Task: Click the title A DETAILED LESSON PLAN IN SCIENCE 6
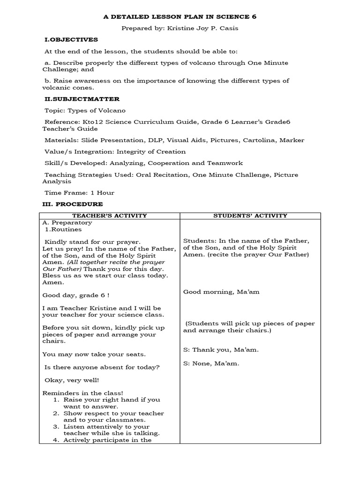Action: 180,16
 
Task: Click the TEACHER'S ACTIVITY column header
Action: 111,216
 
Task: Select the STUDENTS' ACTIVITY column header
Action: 250,216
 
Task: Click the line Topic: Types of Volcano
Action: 85,111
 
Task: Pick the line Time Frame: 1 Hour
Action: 79,193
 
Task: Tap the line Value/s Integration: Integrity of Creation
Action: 115,151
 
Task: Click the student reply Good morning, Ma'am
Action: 221,292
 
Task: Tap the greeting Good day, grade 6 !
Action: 75,296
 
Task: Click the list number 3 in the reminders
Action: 55,427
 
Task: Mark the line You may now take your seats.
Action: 94,354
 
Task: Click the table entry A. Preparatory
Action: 67,223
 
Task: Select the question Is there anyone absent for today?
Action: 101,367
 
